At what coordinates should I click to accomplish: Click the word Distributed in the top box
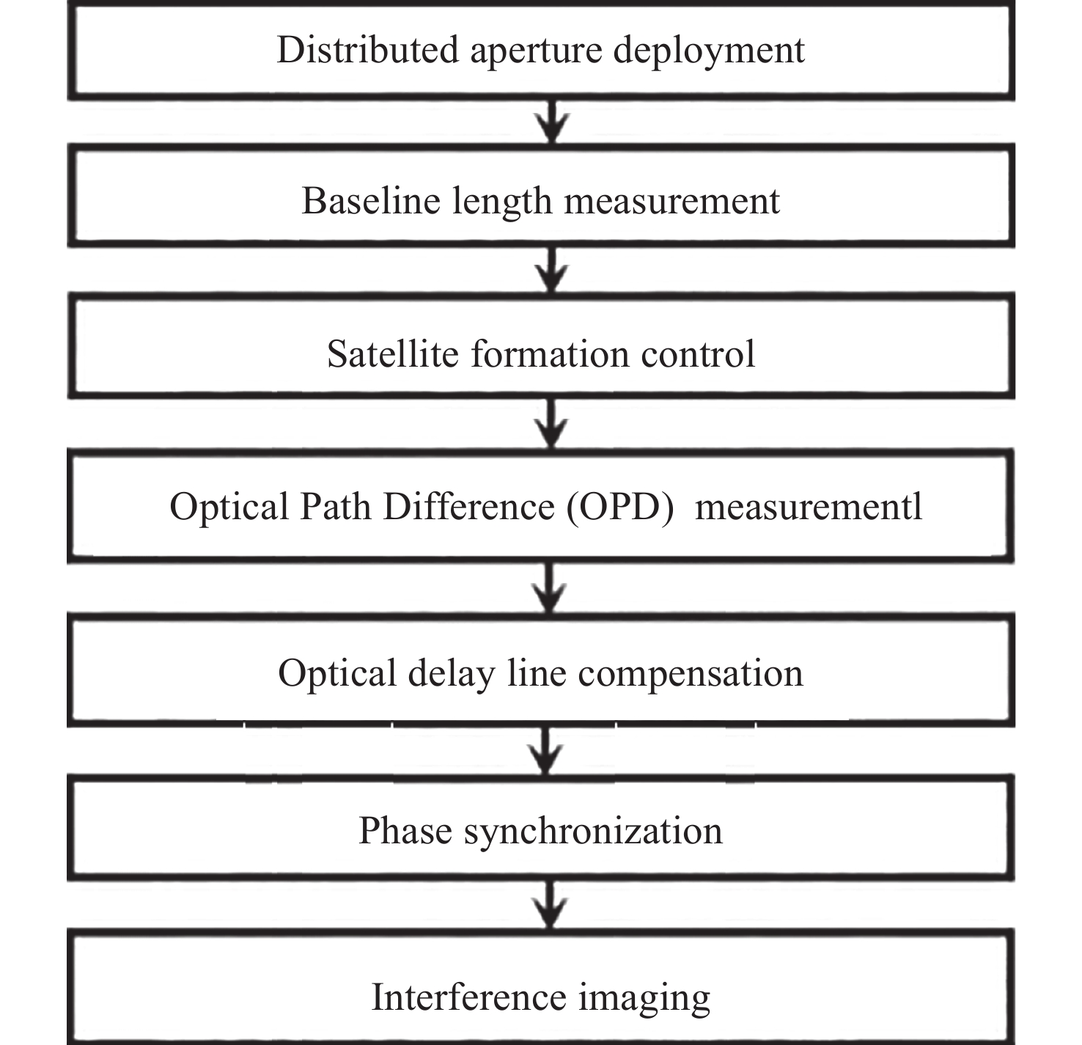pyautogui.click(x=368, y=50)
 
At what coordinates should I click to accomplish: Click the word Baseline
pyautogui.click(x=371, y=201)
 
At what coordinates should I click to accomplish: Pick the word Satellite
pyautogui.click(x=392, y=353)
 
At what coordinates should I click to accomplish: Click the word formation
pyautogui.click(x=550, y=353)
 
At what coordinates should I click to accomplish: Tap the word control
pyautogui.click(x=699, y=353)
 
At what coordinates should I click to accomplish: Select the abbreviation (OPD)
pyautogui.click(x=620, y=507)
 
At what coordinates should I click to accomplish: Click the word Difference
pyautogui.click(x=468, y=506)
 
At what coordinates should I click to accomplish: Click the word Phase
pyautogui.click(x=405, y=831)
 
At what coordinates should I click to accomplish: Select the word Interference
pyautogui.click(x=468, y=997)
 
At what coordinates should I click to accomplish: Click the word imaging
pyautogui.click(x=644, y=1000)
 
